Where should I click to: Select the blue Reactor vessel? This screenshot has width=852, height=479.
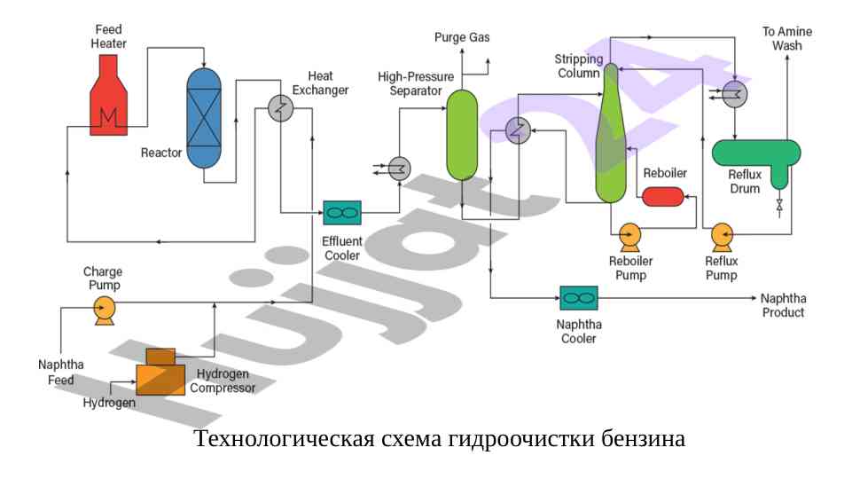click(x=203, y=115)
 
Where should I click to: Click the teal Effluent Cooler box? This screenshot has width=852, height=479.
click(x=341, y=212)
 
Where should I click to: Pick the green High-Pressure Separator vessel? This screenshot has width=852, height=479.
click(x=462, y=133)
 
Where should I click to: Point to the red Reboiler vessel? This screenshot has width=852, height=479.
click(x=662, y=196)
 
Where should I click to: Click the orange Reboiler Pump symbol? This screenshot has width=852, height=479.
click(x=630, y=235)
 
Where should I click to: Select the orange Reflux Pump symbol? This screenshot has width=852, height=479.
click(x=722, y=235)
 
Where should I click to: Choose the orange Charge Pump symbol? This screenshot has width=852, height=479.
click(x=104, y=308)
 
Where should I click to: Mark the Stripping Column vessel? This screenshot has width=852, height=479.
click(x=610, y=133)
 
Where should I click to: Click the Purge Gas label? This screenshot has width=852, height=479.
click(x=461, y=37)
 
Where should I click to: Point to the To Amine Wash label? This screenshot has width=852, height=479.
click(x=787, y=38)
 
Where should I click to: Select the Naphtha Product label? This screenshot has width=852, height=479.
click(x=783, y=305)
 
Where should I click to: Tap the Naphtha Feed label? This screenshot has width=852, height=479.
click(x=61, y=372)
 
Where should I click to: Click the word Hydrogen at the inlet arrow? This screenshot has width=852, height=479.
click(x=109, y=403)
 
